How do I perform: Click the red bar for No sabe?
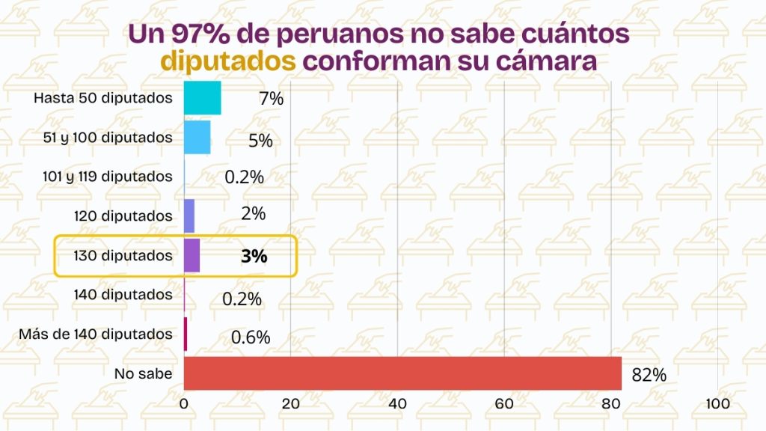[402, 373]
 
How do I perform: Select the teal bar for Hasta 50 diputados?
[202, 98]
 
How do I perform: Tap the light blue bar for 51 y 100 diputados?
[197, 137]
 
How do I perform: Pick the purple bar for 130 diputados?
[191, 255]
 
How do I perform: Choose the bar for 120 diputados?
[189, 215]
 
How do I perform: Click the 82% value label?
[649, 375]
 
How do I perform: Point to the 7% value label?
[271, 98]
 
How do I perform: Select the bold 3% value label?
[254, 256]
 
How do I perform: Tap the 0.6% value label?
[250, 337]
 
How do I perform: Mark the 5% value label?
[260, 140]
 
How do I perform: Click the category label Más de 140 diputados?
[96, 334]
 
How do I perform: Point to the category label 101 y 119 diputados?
[108, 177]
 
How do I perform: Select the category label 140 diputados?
[123, 295]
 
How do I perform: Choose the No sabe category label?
[143, 373]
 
